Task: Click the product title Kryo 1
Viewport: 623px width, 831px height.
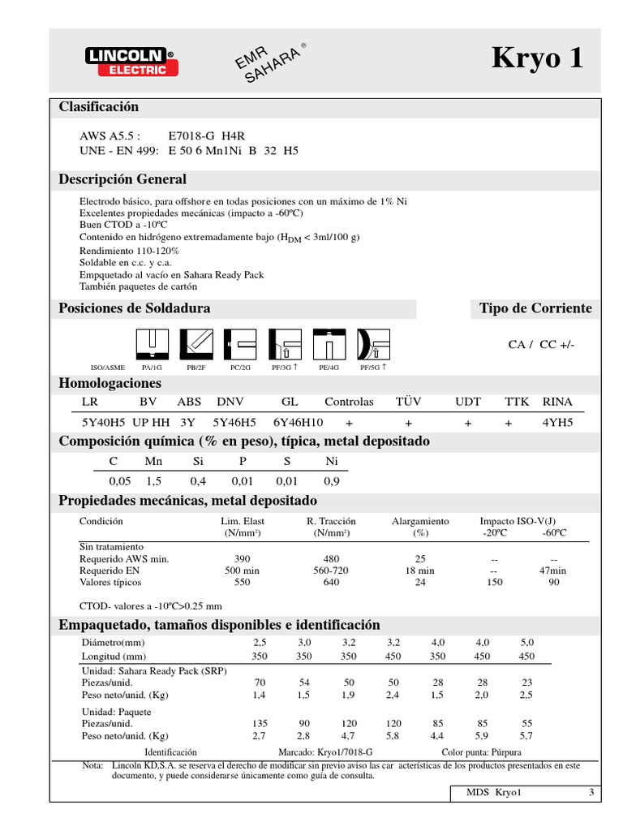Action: pyautogui.click(x=537, y=59)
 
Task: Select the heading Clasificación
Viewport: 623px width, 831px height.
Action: pyautogui.click(x=99, y=107)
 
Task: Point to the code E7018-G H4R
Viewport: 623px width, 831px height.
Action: pyautogui.click(x=200, y=136)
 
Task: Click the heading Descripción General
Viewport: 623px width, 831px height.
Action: pyautogui.click(x=122, y=179)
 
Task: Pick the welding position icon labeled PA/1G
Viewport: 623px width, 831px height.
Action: pyautogui.click(x=152, y=344)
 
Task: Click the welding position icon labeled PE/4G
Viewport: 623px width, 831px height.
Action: pyautogui.click(x=329, y=344)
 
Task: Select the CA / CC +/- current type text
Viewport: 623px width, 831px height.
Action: pyautogui.click(x=541, y=344)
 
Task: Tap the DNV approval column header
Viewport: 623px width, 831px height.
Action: pyautogui.click(x=230, y=402)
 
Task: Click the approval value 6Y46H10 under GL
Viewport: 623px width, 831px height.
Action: pyautogui.click(x=298, y=423)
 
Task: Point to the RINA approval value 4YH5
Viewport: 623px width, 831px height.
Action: pyautogui.click(x=557, y=423)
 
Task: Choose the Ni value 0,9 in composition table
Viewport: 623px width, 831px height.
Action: pyautogui.click(x=332, y=481)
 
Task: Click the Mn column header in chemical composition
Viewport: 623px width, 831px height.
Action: pyautogui.click(x=153, y=461)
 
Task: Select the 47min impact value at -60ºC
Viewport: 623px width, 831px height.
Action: pyautogui.click(x=553, y=571)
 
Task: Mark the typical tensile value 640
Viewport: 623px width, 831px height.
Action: pyautogui.click(x=331, y=582)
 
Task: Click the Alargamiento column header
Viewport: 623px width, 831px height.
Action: pyautogui.click(x=420, y=521)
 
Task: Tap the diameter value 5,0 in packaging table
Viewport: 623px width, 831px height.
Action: pyautogui.click(x=526, y=642)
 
